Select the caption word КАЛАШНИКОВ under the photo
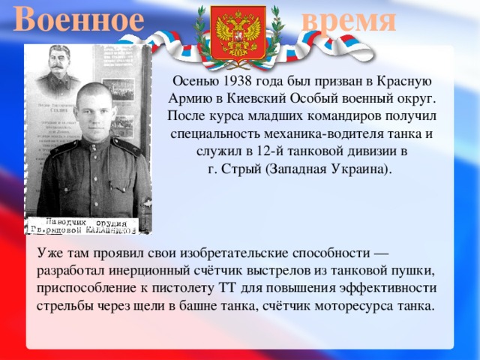[x=112, y=229]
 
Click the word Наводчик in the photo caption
[x=64, y=223]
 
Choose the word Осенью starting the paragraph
[x=191, y=80]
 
